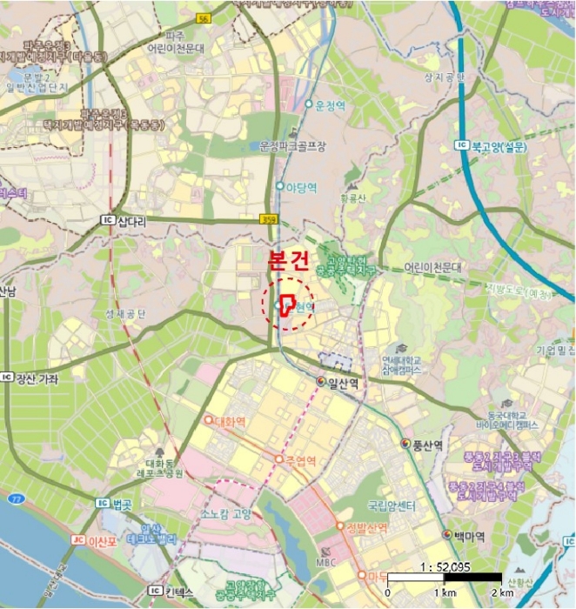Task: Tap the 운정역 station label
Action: click(330, 104)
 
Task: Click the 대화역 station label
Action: click(231, 420)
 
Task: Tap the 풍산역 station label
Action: click(427, 445)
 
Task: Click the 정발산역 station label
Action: click(365, 526)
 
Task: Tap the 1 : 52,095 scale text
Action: click(444, 565)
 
